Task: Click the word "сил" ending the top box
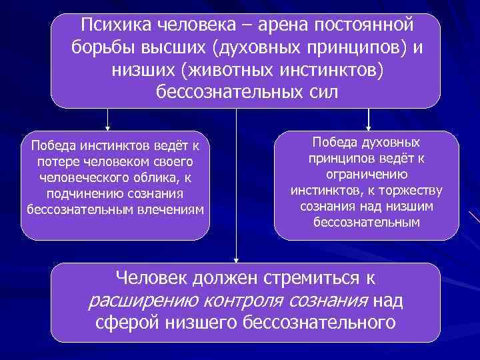pyautogui.click(x=324, y=91)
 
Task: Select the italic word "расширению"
pyautogui.click(x=143, y=301)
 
